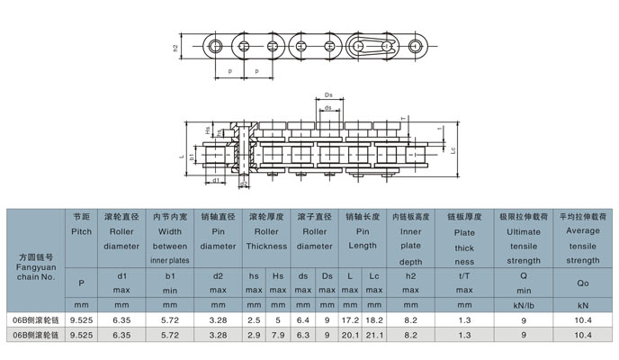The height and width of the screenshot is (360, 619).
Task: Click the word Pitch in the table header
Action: (81, 231)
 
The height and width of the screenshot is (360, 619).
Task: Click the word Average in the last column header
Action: (582, 231)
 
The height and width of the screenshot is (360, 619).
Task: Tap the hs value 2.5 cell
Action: (255, 319)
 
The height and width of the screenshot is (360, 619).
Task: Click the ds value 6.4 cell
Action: (303, 319)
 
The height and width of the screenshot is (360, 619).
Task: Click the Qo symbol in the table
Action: (582, 282)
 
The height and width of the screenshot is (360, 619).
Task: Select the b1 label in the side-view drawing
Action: (193, 156)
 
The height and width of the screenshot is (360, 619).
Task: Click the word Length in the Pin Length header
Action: (363, 246)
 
